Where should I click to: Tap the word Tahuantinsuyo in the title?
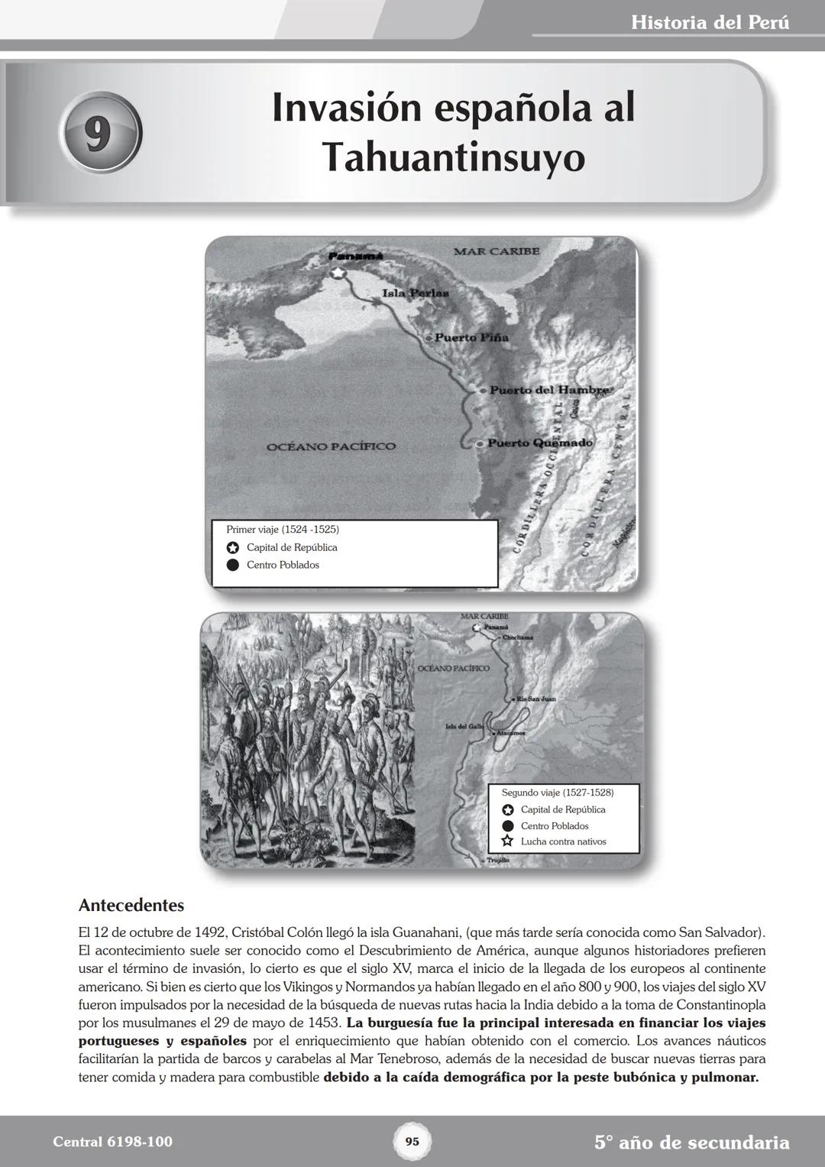[454, 158]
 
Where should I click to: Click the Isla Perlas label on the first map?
[415, 293]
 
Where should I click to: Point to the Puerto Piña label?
[471, 337]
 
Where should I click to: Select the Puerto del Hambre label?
[548, 390]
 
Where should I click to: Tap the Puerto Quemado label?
[539, 442]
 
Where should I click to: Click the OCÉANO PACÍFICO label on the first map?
[331, 446]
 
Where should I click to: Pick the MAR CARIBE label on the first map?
[496, 251]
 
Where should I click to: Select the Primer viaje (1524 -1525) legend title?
[283, 529]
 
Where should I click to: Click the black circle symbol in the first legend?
[233, 566]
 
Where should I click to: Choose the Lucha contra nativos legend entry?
[563, 841]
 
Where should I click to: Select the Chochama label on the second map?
[517, 637]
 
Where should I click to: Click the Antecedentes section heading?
[131, 906]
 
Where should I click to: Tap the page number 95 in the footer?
[412, 1142]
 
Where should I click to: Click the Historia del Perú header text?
[710, 22]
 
